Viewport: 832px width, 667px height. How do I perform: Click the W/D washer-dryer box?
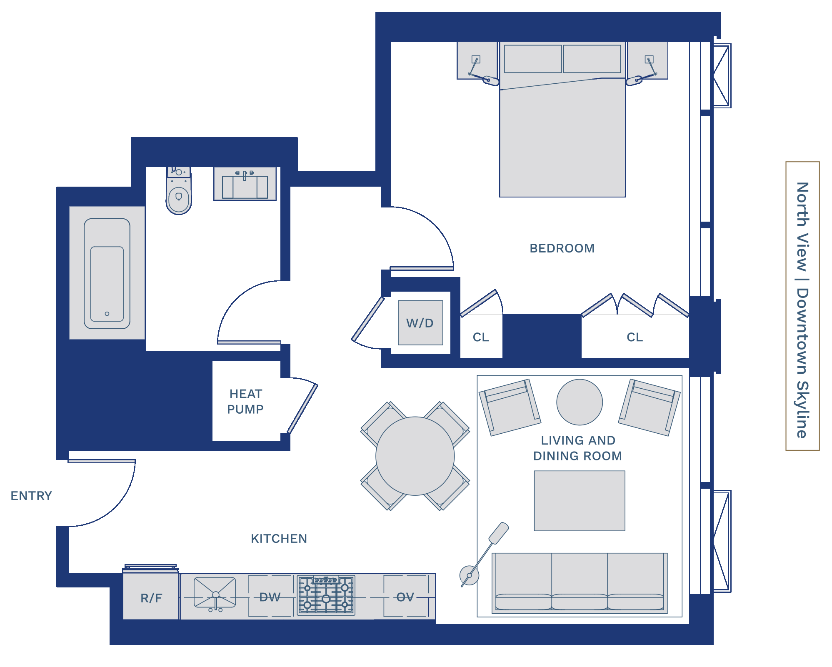(420, 323)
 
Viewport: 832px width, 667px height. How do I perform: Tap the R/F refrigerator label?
(151, 598)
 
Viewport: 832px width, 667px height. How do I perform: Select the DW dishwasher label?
(270, 597)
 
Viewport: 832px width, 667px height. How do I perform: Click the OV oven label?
(405, 597)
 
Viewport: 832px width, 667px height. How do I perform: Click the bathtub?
(107, 273)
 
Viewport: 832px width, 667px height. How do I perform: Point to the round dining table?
(415, 456)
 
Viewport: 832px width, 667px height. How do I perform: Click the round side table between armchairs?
(580, 402)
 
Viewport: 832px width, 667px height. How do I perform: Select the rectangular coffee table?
(580, 501)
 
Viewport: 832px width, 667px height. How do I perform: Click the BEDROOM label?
(562, 248)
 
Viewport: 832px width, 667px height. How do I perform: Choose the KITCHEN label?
(279, 539)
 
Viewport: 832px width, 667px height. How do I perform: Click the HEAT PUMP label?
(245, 402)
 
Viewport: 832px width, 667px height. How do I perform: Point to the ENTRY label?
(31, 496)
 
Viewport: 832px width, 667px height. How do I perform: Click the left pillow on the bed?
(533, 59)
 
